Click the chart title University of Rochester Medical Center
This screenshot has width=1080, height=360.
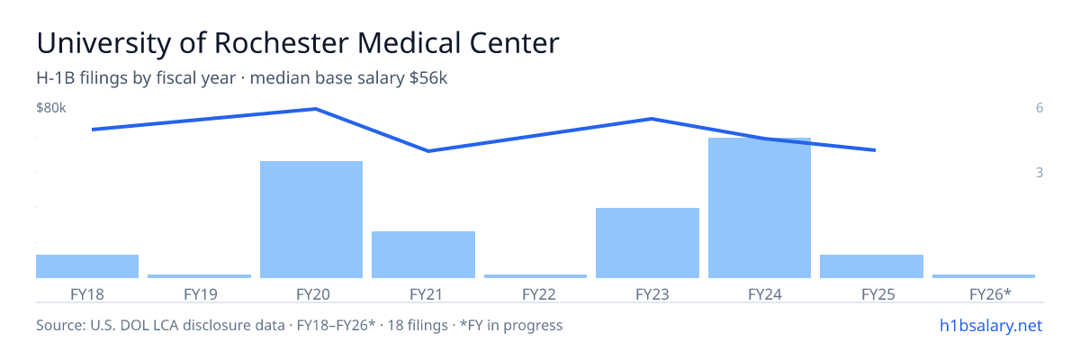pos(298,43)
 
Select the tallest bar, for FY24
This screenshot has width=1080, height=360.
pos(760,208)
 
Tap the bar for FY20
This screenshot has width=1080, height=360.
pos(311,220)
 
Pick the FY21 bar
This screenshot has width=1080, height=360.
pos(423,255)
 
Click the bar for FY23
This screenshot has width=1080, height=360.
pos(647,243)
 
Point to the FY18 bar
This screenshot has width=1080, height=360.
pos(87,266)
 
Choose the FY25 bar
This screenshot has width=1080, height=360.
pos(872,266)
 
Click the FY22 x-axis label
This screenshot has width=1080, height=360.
pos(539,294)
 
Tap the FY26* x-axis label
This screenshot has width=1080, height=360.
pos(990,294)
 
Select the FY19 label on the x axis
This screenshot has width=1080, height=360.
pos(201,294)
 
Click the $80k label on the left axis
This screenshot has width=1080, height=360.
pos(51,108)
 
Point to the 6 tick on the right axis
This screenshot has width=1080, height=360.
pos(1039,108)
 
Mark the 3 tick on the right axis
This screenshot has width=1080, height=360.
pos(1039,173)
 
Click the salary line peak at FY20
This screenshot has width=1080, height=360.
pos(315,109)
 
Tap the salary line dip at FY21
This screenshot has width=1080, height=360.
pos(428,151)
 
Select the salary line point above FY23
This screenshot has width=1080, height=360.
pos(652,119)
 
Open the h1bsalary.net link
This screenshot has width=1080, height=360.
pos(991,326)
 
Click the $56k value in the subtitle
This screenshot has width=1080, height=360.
pos(428,78)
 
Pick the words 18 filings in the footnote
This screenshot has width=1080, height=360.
pos(418,326)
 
